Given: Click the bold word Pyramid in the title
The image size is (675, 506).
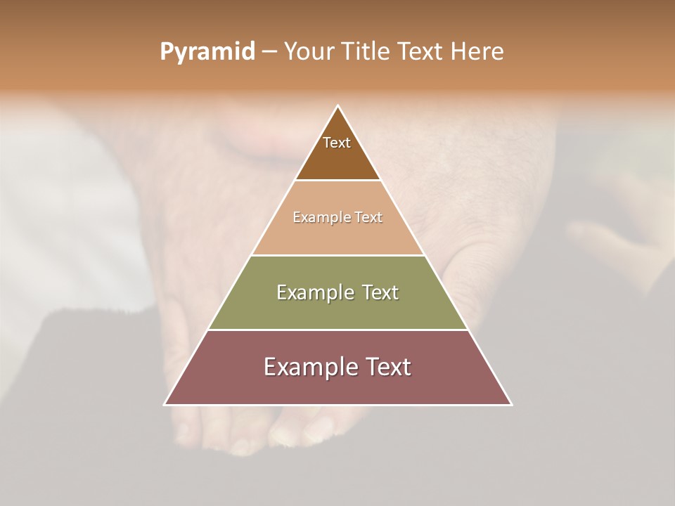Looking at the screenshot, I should click(207, 52).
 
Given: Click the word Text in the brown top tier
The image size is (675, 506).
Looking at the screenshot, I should click(337, 143).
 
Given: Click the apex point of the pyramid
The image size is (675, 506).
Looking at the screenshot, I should click(338, 106).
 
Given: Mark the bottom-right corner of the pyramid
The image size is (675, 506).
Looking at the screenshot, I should click(511, 404).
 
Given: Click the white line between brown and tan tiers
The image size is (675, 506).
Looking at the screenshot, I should click(338, 181).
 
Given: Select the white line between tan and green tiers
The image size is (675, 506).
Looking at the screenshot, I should click(338, 255).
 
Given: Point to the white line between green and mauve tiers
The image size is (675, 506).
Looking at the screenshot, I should click(338, 330).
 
